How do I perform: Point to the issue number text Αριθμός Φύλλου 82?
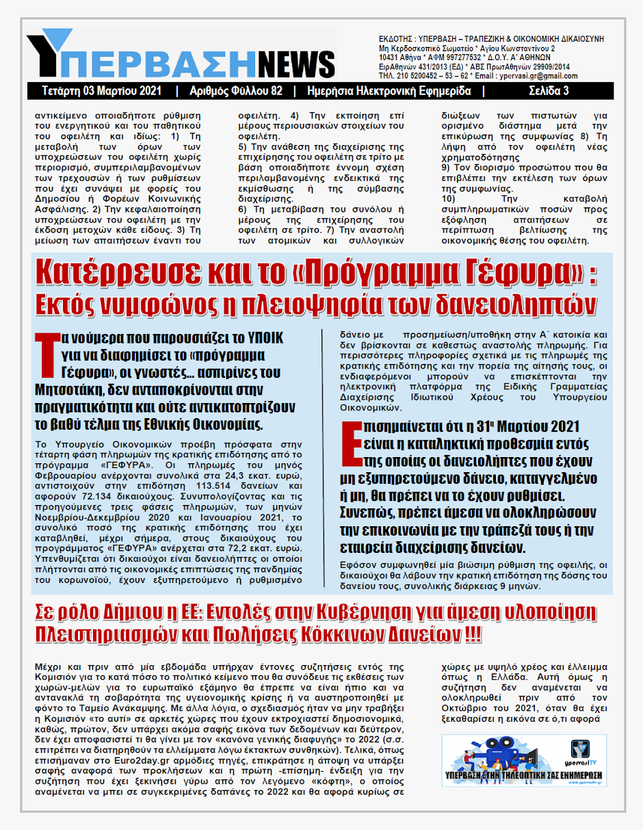tap(234, 91)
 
